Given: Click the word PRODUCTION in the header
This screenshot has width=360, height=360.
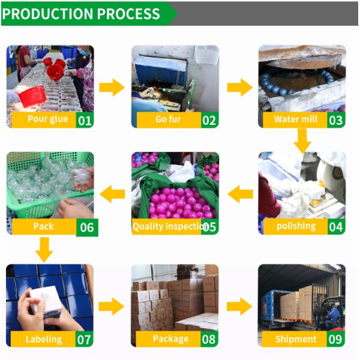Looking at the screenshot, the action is click(x=47, y=14).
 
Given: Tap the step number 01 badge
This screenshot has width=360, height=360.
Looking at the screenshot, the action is click(x=85, y=120).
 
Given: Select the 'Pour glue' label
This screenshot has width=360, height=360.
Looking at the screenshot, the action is click(x=48, y=119).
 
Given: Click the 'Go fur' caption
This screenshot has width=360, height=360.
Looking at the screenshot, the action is click(x=168, y=119).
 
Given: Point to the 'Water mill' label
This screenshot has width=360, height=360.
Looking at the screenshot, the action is click(x=296, y=119).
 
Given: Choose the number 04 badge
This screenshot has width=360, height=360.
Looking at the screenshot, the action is click(x=336, y=227).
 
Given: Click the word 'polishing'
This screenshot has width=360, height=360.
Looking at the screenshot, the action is click(x=296, y=226).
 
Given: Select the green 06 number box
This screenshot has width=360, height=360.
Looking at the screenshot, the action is click(x=87, y=227).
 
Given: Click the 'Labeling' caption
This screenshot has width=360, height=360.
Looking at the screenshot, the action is click(x=44, y=340).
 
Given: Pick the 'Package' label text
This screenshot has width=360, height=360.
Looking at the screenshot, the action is click(x=170, y=339).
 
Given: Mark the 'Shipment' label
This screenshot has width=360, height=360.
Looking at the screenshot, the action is click(x=296, y=339).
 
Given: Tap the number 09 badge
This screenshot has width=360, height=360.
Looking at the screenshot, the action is click(x=335, y=339).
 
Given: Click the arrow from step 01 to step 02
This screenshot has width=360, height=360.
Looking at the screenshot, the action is click(x=112, y=87).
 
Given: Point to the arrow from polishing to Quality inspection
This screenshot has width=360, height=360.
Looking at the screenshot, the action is click(x=240, y=194).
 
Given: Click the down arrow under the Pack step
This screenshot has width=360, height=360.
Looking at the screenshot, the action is click(x=44, y=250).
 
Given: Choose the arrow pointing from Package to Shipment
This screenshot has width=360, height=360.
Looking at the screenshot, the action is click(x=239, y=307).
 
